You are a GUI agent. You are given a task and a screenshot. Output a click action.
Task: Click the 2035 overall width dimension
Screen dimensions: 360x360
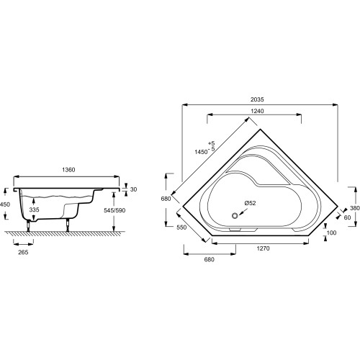pyautogui.click(x=257, y=99)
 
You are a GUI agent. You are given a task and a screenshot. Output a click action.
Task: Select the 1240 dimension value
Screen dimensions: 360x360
pyautogui.click(x=257, y=111)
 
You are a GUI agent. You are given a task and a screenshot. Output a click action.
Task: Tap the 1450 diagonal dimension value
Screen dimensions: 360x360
pyautogui.click(x=201, y=152)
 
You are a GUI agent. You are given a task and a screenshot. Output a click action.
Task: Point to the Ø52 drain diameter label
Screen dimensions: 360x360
pyautogui.click(x=250, y=203)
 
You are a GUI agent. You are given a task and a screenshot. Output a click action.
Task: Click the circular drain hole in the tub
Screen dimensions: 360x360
pyautogui.click(x=235, y=215)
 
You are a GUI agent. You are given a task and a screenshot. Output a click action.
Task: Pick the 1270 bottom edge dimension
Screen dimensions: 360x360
pyautogui.click(x=263, y=248)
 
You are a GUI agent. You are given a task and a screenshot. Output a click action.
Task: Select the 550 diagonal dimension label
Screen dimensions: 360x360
pyautogui.click(x=181, y=227)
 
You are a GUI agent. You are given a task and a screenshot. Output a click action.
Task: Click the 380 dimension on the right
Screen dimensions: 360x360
pyautogui.click(x=355, y=208)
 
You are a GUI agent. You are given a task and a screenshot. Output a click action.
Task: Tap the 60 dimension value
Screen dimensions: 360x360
pyautogui.click(x=347, y=217)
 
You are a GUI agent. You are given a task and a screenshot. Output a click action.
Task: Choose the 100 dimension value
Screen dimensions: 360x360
pyautogui.click(x=331, y=233)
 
